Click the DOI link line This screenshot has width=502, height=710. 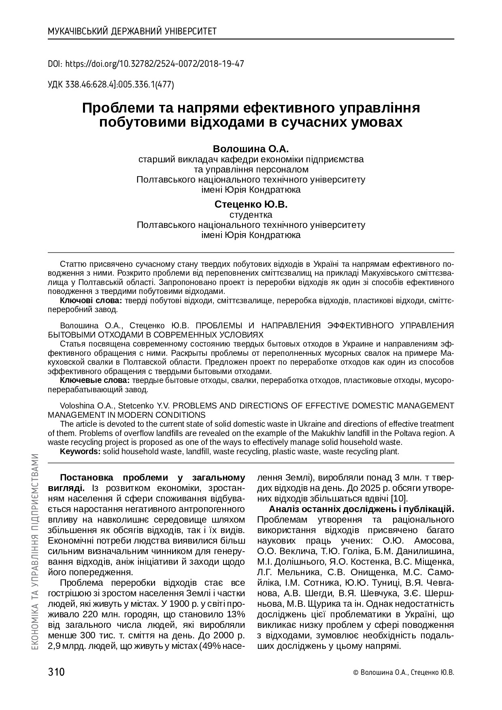pyautogui.click(x=146, y=64)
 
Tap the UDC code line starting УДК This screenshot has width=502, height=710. pyautogui.click(x=111, y=85)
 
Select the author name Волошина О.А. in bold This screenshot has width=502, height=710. pyautogui.click(x=251, y=148)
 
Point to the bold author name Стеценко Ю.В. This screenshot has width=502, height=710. pyautogui.click(x=251, y=204)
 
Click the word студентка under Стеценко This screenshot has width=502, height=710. pyautogui.click(x=251, y=215)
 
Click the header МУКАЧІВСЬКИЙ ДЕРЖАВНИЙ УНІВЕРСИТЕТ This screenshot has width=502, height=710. pyautogui.click(x=132, y=32)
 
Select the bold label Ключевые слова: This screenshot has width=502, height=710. pyautogui.click(x=95, y=381)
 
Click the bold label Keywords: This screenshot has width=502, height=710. pyautogui.click(x=80, y=451)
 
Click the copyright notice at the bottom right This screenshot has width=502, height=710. pyautogui.click(x=404, y=673)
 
